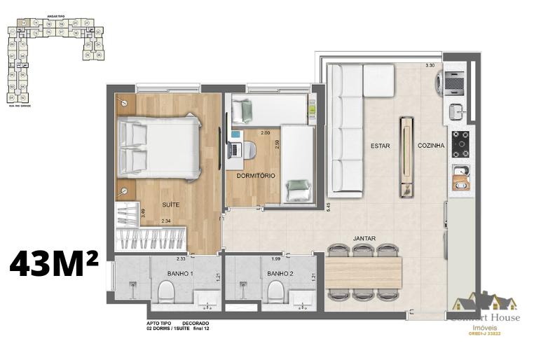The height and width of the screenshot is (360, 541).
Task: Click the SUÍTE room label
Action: point(170,205)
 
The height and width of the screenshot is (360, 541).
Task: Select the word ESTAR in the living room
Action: point(381,146)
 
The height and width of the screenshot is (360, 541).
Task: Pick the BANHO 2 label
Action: point(279,273)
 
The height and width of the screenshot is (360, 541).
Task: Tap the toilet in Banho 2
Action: point(275,291)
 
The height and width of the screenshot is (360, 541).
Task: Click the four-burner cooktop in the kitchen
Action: point(460,144)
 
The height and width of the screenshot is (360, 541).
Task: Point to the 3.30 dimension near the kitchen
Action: point(430,67)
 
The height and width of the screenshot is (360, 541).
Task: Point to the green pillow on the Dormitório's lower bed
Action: point(299,186)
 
